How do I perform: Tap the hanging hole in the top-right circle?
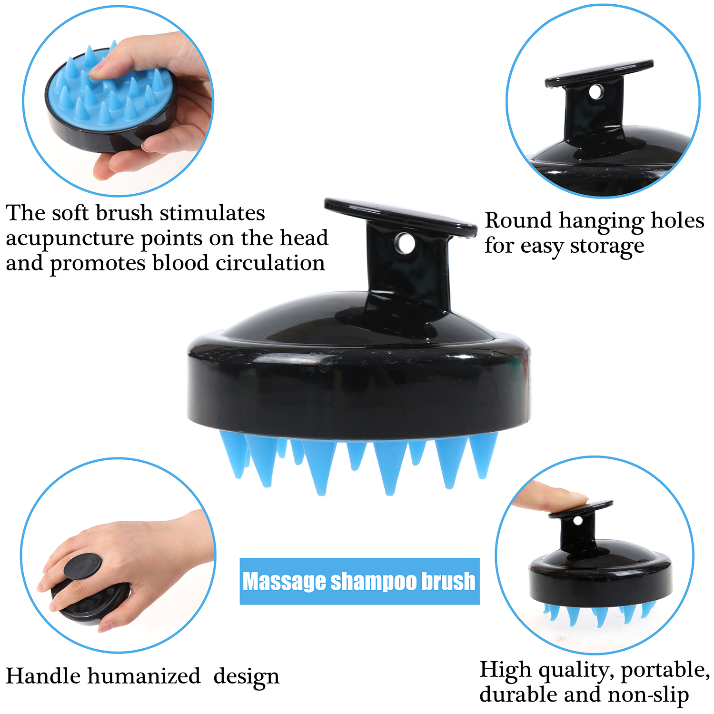coord(595,91)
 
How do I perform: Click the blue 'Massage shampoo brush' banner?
coord(359,581)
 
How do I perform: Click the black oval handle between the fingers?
coord(83,566)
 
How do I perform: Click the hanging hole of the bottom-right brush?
coord(577,521)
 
